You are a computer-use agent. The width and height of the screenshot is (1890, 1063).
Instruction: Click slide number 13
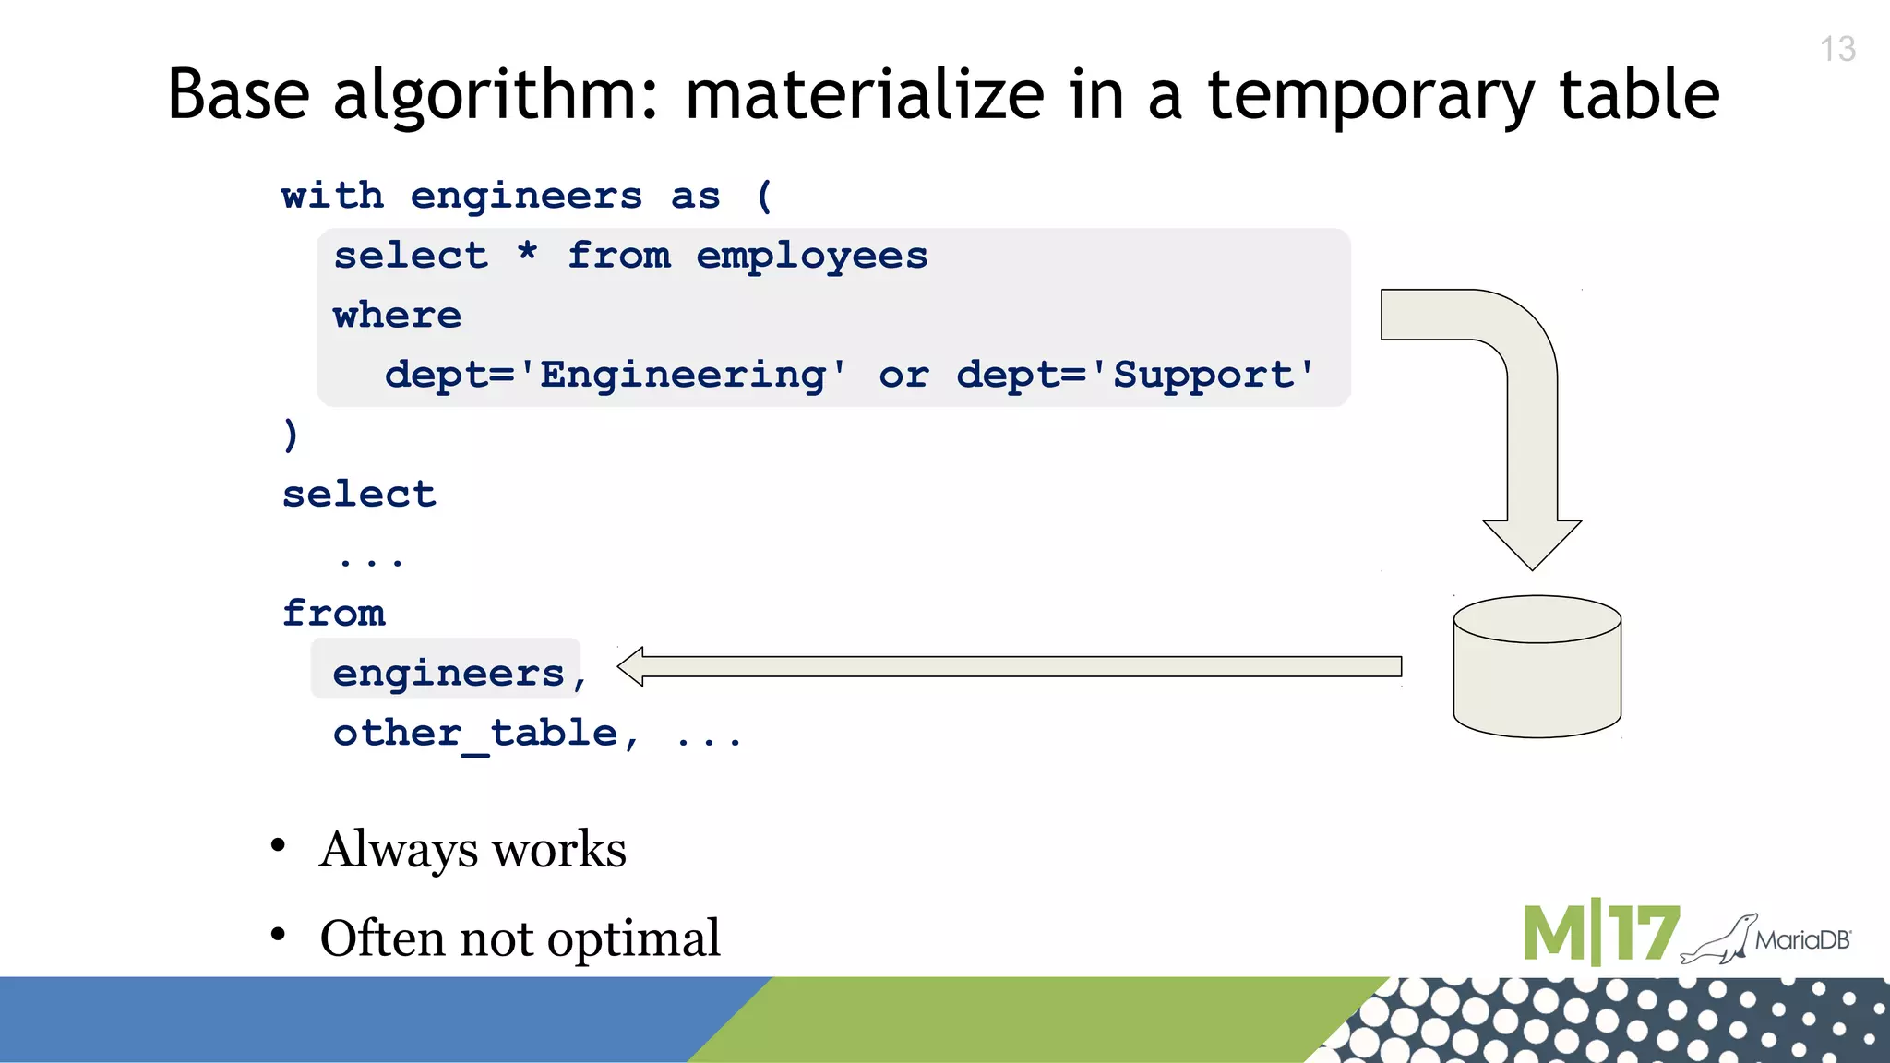coord(1837,49)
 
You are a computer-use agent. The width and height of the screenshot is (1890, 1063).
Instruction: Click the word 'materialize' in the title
coord(865,95)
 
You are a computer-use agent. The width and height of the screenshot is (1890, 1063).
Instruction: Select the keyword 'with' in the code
coord(332,196)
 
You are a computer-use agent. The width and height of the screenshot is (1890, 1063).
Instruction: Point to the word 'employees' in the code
coord(811,256)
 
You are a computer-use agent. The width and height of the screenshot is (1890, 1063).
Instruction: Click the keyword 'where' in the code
coord(397,316)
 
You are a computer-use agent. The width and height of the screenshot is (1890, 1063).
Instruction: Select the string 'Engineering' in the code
coord(683,375)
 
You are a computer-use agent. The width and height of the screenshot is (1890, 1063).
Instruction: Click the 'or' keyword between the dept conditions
coord(903,375)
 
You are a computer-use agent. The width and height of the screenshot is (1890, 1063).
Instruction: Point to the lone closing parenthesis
coord(291,434)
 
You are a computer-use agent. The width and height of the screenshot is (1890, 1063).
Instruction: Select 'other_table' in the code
coord(475,734)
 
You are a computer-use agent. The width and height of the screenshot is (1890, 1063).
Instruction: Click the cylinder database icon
coord(1537,666)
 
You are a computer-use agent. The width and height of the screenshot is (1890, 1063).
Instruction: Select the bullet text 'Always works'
coord(472,849)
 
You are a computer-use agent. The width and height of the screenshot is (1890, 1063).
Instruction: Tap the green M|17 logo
coord(1600,934)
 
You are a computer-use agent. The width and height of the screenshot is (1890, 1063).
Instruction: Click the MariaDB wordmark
coord(1802,940)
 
